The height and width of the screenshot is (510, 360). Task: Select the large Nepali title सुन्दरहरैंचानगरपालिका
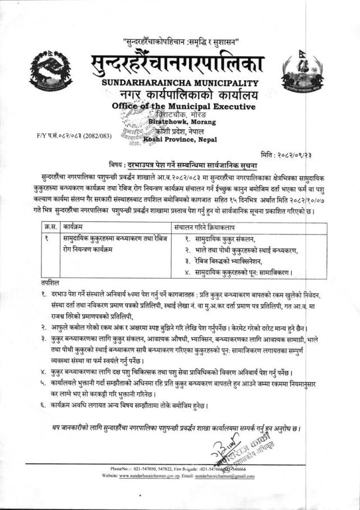pyautogui.click(x=179, y=63)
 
